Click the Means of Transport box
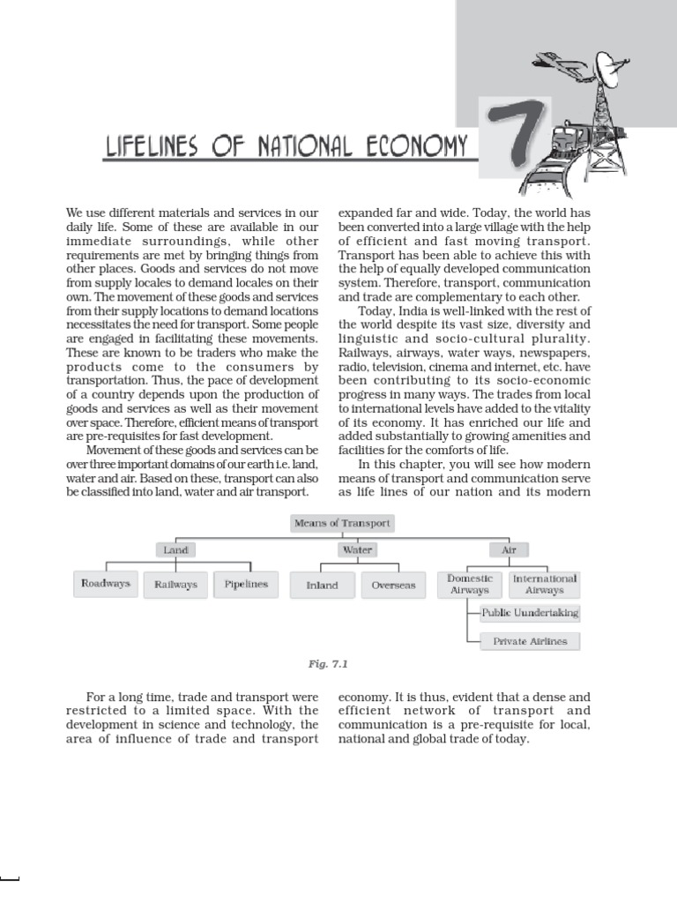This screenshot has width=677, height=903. [342, 524]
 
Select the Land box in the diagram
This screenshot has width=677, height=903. [176, 549]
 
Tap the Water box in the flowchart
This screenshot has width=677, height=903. [358, 549]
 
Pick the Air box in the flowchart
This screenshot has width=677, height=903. [508, 549]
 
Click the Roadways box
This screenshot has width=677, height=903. [105, 584]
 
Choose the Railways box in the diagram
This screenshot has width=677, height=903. [175, 584]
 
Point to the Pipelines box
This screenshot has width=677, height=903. [246, 584]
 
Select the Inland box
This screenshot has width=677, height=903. [322, 585]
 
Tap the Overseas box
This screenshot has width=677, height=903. [393, 585]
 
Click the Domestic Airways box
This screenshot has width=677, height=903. [470, 584]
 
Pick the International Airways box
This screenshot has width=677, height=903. [545, 584]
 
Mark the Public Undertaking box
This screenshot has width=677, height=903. [530, 613]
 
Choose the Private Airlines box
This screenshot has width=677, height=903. [530, 641]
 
